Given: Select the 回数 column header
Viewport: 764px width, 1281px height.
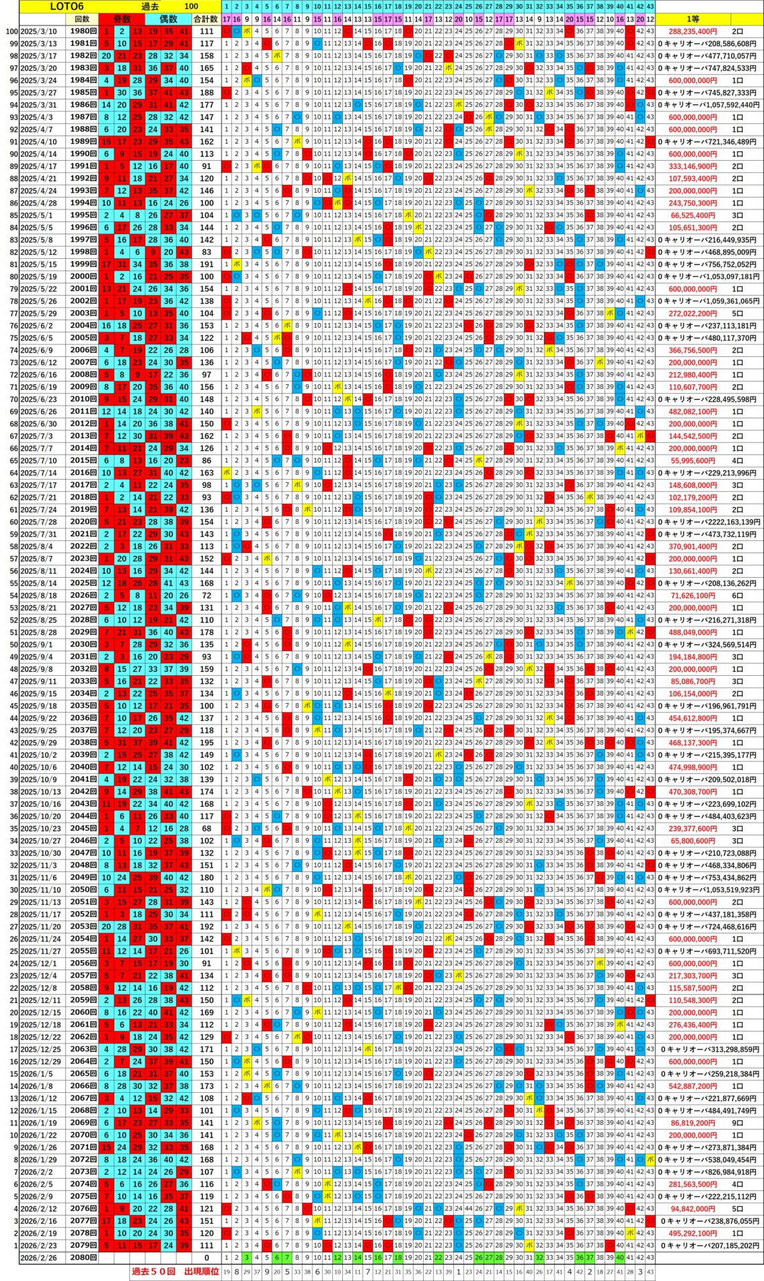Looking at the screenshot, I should click(x=81, y=19).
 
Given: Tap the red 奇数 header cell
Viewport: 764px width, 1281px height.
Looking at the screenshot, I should click(x=121, y=19).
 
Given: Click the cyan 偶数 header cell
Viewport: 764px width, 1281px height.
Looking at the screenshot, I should click(x=168, y=19).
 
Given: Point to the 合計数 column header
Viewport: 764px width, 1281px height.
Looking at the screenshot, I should click(x=206, y=19).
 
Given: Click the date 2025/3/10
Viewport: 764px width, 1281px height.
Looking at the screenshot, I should click(x=38, y=31).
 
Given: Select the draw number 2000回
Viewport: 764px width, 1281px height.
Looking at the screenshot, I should click(x=83, y=277).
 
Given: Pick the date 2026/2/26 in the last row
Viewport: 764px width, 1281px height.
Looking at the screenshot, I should click(x=38, y=1258).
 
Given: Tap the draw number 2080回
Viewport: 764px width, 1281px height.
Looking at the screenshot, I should click(x=83, y=1258).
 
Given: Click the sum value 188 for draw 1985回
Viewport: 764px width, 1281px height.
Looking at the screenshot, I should click(x=207, y=93).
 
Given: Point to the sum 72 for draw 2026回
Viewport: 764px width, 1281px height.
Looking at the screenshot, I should click(x=207, y=596).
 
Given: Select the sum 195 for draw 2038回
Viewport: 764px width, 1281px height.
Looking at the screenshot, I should click(x=207, y=743).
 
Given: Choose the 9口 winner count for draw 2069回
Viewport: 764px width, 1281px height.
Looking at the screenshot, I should click(x=737, y=1123).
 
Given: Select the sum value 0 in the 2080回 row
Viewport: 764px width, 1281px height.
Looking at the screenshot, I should click(x=207, y=1258).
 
